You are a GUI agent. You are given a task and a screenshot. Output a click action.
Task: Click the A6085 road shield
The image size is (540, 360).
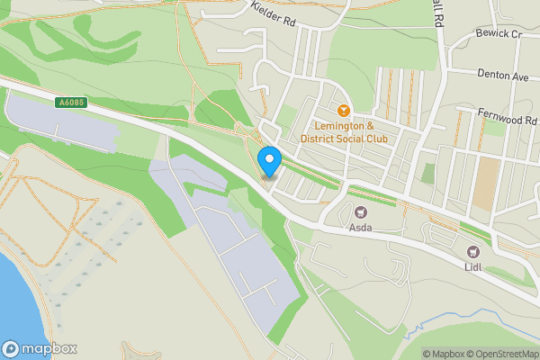pyautogui.click(x=72, y=103)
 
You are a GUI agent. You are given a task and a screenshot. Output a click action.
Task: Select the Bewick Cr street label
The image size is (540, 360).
pyautogui.click(x=499, y=33)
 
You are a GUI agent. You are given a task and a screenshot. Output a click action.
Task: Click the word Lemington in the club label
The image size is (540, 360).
pyautogui.click(x=342, y=124)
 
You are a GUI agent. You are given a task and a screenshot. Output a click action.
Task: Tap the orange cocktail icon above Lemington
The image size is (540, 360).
pyautogui.click(x=344, y=109)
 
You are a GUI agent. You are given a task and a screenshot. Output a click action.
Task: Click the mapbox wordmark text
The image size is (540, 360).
pyautogui.click(x=49, y=349)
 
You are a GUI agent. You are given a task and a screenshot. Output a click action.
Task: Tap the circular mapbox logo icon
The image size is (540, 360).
pyautogui.click(x=11, y=349)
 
